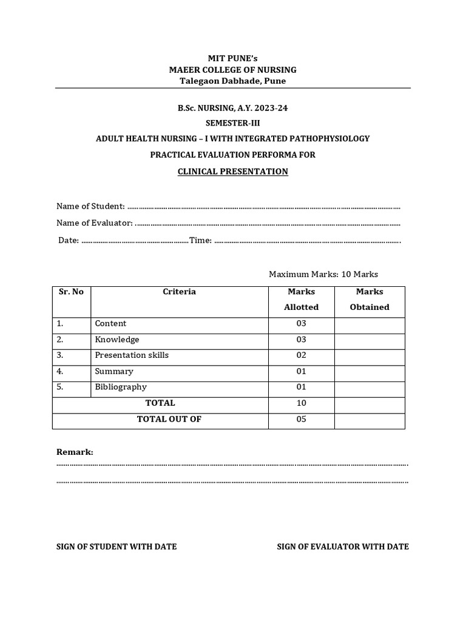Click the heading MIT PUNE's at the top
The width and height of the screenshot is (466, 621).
click(232, 59)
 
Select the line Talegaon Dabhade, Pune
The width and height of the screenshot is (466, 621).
click(232, 81)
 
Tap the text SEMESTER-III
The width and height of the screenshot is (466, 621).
click(232, 123)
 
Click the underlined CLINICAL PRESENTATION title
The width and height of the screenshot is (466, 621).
click(232, 172)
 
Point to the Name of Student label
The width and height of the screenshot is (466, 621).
click(90, 207)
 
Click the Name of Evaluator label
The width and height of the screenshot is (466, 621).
click(95, 223)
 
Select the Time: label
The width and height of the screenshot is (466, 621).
click(200, 240)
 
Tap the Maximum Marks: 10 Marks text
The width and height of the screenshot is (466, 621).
click(323, 275)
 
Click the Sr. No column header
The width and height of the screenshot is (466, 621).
click(71, 292)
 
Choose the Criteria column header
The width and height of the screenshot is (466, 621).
click(179, 292)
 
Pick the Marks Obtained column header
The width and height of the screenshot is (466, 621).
click(370, 300)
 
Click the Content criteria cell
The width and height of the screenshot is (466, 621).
click(110, 324)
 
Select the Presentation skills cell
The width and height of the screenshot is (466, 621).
click(132, 355)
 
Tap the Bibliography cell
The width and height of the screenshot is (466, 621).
click(121, 387)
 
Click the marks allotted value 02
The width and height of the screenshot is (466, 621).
click(301, 355)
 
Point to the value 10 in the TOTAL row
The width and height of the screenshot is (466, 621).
click(301, 403)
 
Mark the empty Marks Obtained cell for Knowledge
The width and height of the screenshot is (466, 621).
click(370, 340)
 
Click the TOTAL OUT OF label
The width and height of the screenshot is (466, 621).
click(169, 419)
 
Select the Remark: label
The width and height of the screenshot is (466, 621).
click(75, 452)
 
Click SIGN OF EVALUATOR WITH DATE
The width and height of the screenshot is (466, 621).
click(343, 547)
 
